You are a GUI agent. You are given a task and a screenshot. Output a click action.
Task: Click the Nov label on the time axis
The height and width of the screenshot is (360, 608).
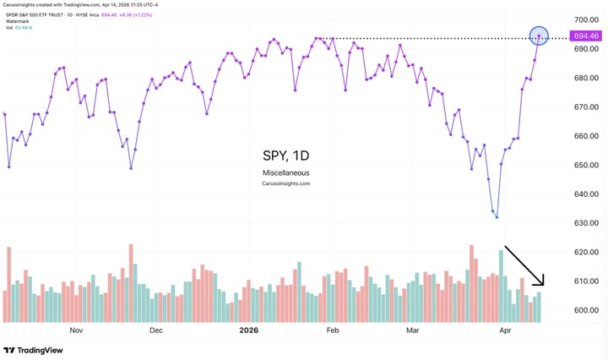pyautogui.click(x=76, y=330)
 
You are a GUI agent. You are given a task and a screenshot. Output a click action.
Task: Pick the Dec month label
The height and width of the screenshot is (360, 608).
pyautogui.click(x=156, y=330)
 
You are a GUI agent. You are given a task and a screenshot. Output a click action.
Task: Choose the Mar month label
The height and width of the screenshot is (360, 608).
pyautogui.click(x=413, y=330)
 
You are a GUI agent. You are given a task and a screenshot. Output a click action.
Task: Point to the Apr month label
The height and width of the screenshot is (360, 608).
pyautogui.click(x=505, y=330)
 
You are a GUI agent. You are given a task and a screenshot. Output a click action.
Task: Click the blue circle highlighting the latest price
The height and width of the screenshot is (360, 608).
pyautogui.click(x=539, y=36)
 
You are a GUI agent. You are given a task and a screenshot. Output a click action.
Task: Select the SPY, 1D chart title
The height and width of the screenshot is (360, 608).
pyautogui.click(x=285, y=156)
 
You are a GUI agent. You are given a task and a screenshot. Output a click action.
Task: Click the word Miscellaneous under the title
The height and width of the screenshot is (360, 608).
pyautogui.click(x=285, y=172)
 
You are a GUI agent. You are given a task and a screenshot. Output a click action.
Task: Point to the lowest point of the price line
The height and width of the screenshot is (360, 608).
pyautogui.click(x=497, y=217)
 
